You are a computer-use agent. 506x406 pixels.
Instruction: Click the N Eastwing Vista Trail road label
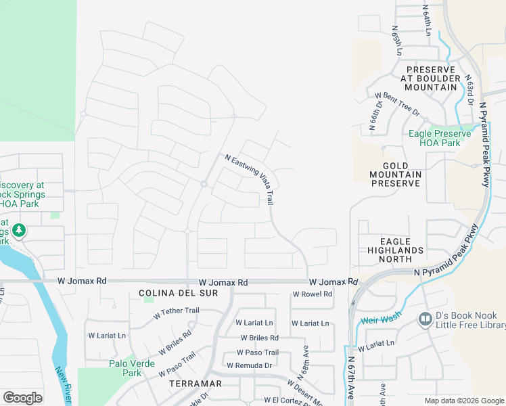point(250,179)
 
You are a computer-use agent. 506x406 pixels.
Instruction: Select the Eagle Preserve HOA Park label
point(434,138)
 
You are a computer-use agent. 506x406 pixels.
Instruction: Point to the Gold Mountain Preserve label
point(396,175)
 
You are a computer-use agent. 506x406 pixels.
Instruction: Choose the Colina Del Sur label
point(168,294)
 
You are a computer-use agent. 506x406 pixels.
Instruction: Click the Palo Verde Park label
point(122,368)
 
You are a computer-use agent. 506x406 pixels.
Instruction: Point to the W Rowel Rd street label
point(313,294)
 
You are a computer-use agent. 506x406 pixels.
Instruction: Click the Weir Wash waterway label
point(382,316)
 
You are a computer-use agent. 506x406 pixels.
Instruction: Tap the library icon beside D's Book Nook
point(425,317)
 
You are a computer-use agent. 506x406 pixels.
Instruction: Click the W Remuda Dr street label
point(249,365)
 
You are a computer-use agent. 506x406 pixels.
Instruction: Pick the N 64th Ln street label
point(427,21)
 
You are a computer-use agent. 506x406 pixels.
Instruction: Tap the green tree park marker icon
point(18,231)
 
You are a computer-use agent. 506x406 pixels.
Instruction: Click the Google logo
point(22,398)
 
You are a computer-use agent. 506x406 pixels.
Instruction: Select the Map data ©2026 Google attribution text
point(463,401)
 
